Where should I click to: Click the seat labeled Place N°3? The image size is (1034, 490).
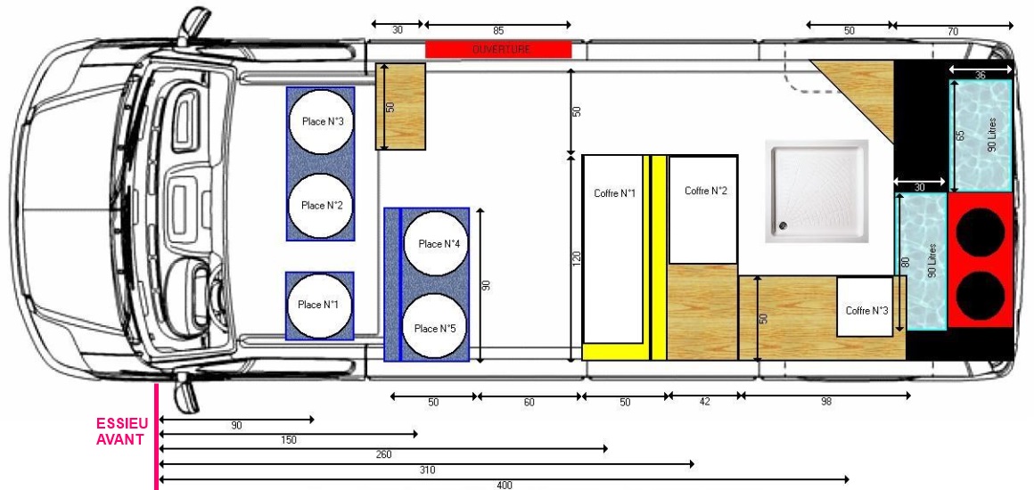coord(321,121)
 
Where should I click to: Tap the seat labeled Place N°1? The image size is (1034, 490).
coord(319,306)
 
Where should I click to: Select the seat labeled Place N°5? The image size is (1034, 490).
coord(435,328)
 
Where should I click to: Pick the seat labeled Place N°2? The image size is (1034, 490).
coord(321,205)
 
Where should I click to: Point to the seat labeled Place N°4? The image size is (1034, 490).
coord(435,242)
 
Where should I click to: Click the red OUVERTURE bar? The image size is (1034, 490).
coord(498,50)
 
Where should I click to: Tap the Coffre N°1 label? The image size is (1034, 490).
coord(614,193)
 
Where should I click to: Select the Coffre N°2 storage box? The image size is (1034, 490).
coord(703,209)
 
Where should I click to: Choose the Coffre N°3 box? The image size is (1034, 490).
coord(865,306)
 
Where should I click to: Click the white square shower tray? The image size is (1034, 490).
coord(817,192)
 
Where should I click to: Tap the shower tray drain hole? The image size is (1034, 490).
coord(783,225)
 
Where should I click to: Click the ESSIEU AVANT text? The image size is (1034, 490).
coord(122,432)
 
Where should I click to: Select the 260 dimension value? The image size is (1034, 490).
coord(384,455)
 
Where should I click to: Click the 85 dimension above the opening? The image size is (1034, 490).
coord(498,30)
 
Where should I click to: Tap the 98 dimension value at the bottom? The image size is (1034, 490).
coord(826,401)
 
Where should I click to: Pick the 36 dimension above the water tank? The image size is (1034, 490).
coord(980,76)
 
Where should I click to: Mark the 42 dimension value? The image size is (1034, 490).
coord(704,401)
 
